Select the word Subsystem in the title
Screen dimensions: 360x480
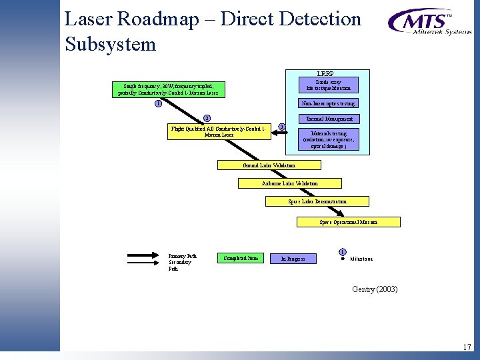tap(111, 45)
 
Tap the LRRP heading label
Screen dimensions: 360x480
tap(326, 74)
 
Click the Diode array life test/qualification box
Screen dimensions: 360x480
tap(328, 85)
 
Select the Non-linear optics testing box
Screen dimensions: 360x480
tap(328, 103)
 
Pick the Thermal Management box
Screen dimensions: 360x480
tap(328, 119)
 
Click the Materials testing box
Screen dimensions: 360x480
tap(328, 139)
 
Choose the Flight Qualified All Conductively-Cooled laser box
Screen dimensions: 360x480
tap(219, 131)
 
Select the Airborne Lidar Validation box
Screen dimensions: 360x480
tap(289, 183)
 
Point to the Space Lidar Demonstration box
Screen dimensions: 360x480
tap(317, 201)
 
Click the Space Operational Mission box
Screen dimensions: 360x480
tap(348, 222)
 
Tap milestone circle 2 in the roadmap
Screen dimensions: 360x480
tap(207, 119)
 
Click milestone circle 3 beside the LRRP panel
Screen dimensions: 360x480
tap(281, 127)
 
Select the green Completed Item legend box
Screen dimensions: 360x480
tap(241, 258)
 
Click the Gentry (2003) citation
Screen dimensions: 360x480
tap(375, 289)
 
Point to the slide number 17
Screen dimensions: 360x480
tap(467, 347)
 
